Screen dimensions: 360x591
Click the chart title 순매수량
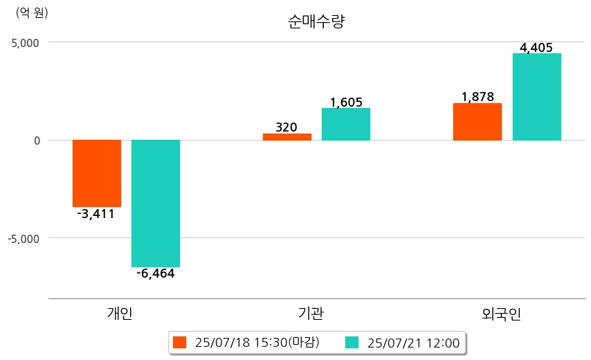[316, 21]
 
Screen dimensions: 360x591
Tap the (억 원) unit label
[32, 12]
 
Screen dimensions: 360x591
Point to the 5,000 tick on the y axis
[24, 42]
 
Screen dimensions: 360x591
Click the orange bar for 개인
[97, 173]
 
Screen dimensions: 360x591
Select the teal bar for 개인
[156, 203]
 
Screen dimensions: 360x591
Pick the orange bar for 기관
[287, 137]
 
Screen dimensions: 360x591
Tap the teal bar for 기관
[346, 125]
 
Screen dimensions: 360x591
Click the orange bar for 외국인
[478, 122]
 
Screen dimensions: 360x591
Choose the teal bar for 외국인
[537, 97]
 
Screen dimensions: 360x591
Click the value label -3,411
[96, 214]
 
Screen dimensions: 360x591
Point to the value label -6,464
[155, 273]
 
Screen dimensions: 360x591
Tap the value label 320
[287, 127]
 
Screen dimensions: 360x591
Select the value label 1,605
[346, 102]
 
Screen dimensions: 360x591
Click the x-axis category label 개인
[120, 314]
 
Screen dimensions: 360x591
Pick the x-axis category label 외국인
[501, 314]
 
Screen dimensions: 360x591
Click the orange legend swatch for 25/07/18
[180, 343]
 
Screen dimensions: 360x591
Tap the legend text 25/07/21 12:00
[413, 343]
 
